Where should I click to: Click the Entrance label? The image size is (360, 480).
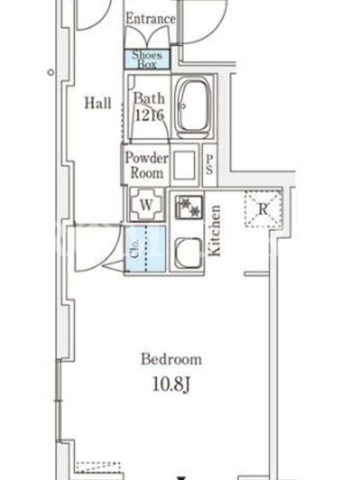pos(151,19)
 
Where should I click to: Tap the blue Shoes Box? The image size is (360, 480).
pos(147,59)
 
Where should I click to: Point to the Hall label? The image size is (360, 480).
pos(98,103)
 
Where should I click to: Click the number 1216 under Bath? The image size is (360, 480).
pos(149,115)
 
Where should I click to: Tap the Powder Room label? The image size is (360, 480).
pos(147,166)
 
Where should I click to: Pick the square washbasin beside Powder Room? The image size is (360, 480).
pos(184,166)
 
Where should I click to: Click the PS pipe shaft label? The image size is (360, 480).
pos(209,164)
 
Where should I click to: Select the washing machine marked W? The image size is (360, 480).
pos(146,205)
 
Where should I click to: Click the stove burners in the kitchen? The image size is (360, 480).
pos(189,207)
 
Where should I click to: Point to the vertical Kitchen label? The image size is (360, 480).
pos(214,230)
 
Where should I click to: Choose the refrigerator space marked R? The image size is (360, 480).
pos(263,209)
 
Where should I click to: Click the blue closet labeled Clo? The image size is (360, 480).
pos(145,249)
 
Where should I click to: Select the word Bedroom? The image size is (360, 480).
pos(171,359)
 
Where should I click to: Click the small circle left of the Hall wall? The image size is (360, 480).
pos(51,73)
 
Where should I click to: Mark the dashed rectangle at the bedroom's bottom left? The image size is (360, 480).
pos(98,467)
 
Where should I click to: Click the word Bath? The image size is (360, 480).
pos(149,98)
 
